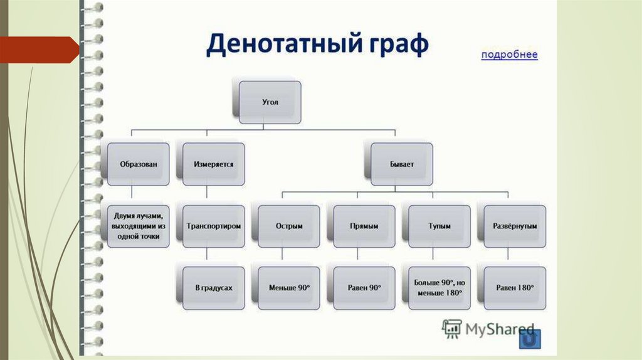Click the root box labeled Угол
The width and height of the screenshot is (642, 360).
pyautogui.click(x=270, y=102)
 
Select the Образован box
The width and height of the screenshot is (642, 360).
pyautogui.click(x=138, y=164)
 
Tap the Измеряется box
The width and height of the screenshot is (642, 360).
pyautogui.click(x=213, y=164)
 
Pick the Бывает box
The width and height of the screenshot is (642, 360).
pyautogui.click(x=401, y=164)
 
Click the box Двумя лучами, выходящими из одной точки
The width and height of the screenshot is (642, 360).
pyautogui.click(x=139, y=225)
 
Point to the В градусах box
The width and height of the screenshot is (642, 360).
pyautogui.click(x=214, y=287)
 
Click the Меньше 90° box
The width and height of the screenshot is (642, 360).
pyautogui.click(x=289, y=287)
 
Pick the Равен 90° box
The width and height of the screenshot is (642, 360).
pyautogui.click(x=364, y=287)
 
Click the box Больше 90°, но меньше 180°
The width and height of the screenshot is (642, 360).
pyautogui.click(x=439, y=287)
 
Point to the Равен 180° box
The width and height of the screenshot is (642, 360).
pyautogui.click(x=515, y=287)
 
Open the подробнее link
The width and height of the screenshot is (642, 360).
pyautogui.click(x=509, y=55)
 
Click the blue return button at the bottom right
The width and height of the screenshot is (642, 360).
pyautogui.click(x=530, y=339)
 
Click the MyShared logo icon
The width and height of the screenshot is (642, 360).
pyautogui.click(x=451, y=329)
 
